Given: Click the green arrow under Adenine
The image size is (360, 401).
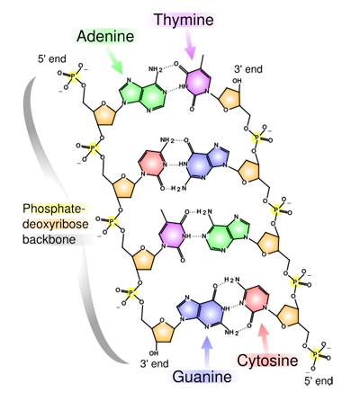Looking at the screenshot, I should pos(113,62).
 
